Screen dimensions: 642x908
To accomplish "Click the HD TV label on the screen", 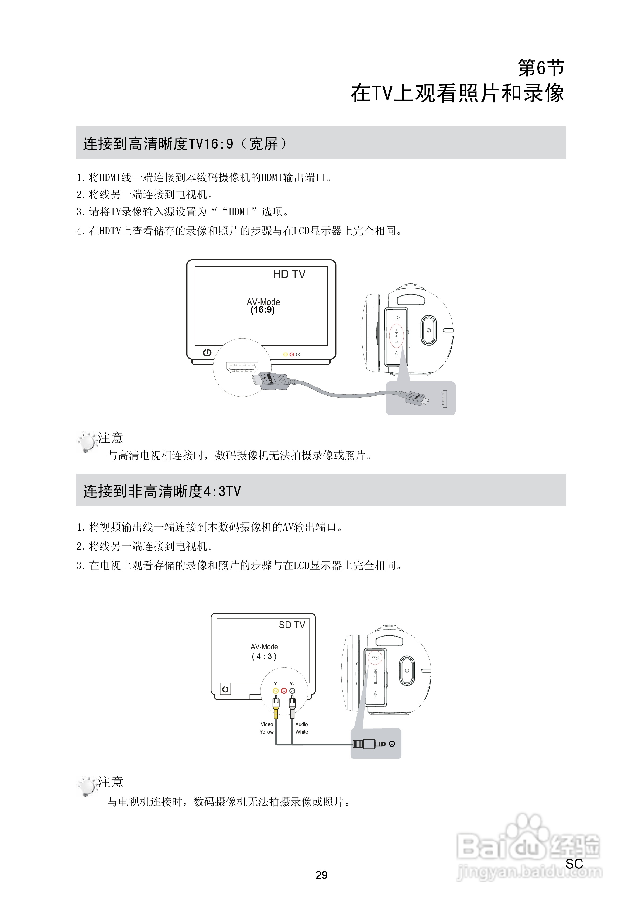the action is coord(289,274).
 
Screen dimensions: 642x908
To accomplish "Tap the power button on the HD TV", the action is coord(207,352).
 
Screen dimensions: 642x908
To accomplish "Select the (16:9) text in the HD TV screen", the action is coord(262,310).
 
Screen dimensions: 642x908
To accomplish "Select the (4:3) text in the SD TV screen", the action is coord(264,656).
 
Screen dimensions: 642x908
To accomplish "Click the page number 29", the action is coord(321,875).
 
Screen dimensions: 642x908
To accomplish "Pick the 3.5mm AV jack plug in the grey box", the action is coord(369,744).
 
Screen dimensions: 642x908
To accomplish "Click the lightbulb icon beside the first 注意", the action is coord(87,442).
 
